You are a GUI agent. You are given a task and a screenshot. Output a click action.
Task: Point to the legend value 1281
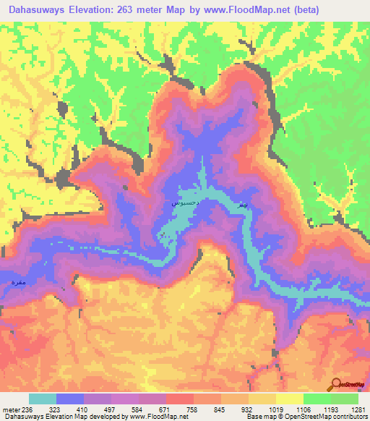point(358,409)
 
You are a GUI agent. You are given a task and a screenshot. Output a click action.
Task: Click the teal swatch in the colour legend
point(43,399)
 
